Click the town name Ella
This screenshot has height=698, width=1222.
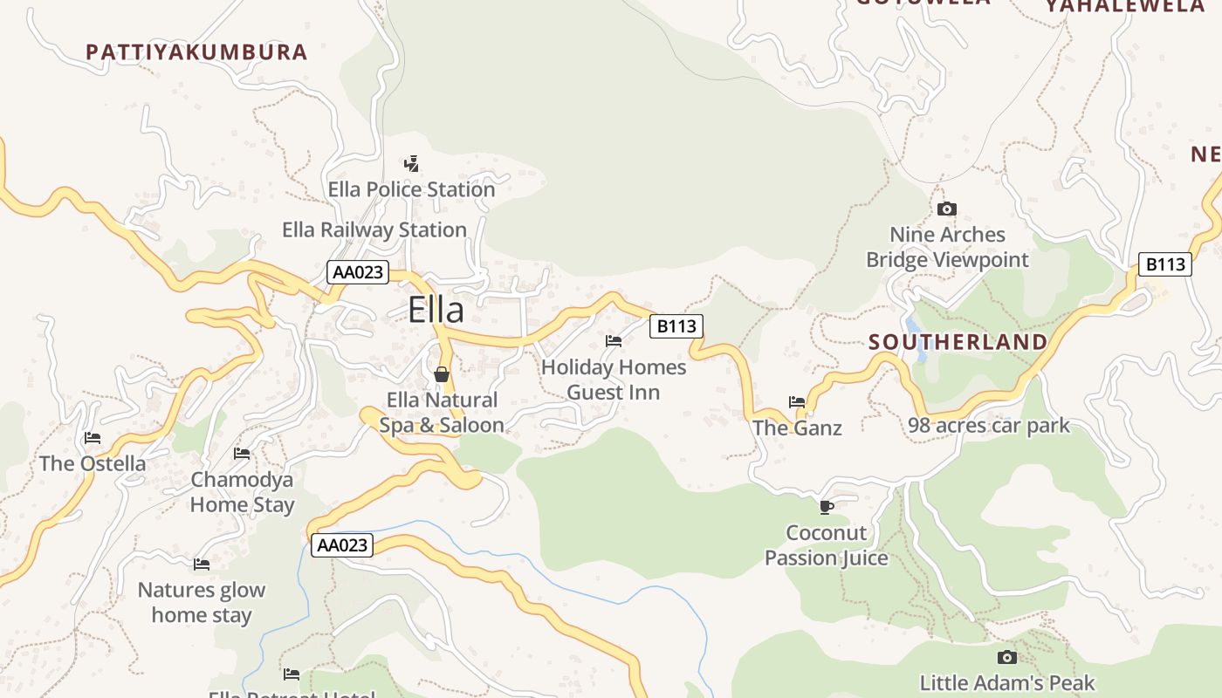pyautogui.click(x=436, y=310)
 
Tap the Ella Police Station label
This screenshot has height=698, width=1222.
pyautogui.click(x=411, y=189)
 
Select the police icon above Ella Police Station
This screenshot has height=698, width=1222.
pyautogui.click(x=411, y=163)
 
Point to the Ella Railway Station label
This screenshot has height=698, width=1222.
pyautogui.click(x=374, y=229)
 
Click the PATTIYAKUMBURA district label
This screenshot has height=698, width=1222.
pyautogui.click(x=196, y=51)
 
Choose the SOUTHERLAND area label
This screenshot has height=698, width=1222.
pyautogui.click(x=958, y=342)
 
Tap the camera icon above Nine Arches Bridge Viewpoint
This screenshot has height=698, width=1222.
pyautogui.click(x=946, y=209)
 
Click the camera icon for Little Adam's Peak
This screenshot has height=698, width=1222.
pyautogui.click(x=1006, y=657)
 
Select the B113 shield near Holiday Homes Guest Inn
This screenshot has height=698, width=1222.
pyautogui.click(x=676, y=326)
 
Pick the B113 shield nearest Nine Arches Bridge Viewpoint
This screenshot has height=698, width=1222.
pyautogui.click(x=1164, y=264)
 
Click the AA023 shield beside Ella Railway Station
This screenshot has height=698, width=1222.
pyautogui.click(x=357, y=272)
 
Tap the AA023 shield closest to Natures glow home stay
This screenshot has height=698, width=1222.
pyautogui.click(x=342, y=545)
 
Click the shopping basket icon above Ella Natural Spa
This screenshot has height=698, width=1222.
pyautogui.click(x=442, y=374)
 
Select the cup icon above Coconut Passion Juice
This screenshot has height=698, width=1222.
pyautogui.click(x=827, y=507)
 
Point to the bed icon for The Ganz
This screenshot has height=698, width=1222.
pyautogui.click(x=797, y=402)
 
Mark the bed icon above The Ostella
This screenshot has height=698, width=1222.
pyautogui.click(x=93, y=438)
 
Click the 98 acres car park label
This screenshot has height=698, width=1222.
pyautogui.click(x=988, y=426)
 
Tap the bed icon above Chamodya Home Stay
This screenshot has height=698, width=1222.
pyautogui.click(x=242, y=454)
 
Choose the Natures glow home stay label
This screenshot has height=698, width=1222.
pyautogui.click(x=202, y=602)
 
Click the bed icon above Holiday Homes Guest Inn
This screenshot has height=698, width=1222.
pyautogui.click(x=614, y=341)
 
